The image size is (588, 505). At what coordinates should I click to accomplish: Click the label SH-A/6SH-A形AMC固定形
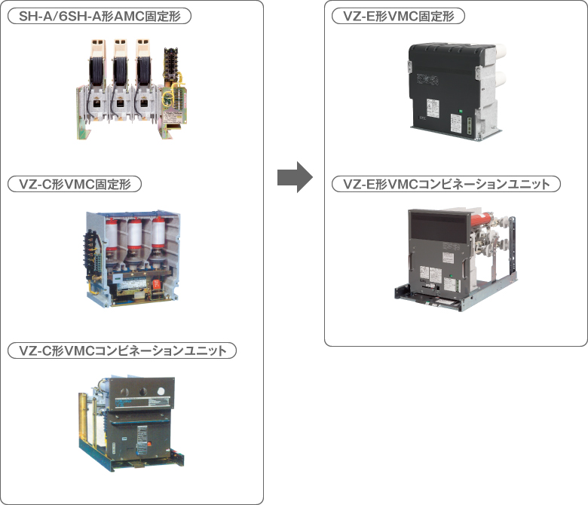click(x=99, y=16)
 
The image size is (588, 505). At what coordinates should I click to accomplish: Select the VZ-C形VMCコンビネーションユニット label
click(x=121, y=350)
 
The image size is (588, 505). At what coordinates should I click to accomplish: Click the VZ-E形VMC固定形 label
click(x=399, y=16)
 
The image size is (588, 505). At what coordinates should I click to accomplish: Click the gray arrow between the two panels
click(x=294, y=177)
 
